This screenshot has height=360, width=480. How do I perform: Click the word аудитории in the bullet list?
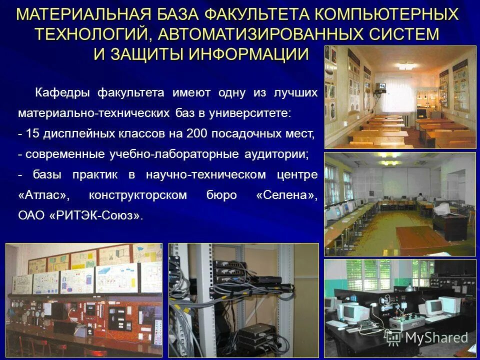coord(276,154)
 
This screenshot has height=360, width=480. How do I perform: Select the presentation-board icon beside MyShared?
coord(393,337)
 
